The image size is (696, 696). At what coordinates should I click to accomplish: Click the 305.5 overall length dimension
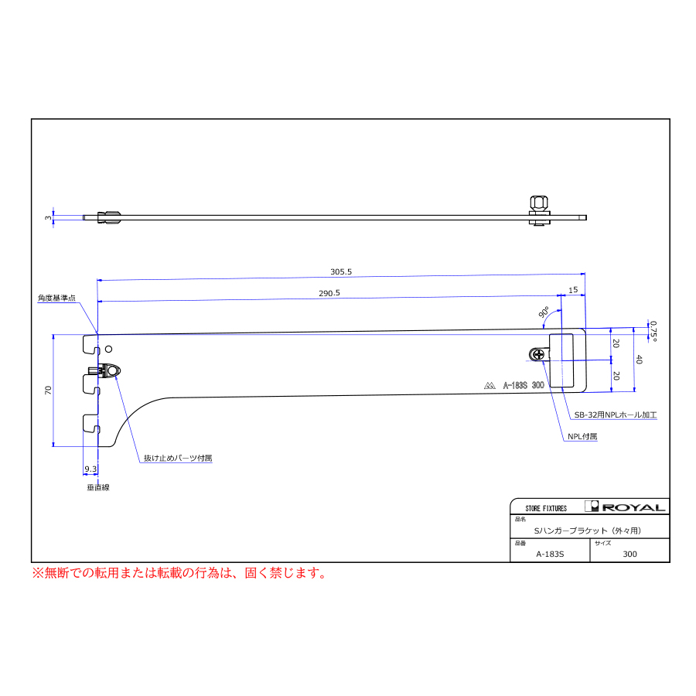[x=341, y=271]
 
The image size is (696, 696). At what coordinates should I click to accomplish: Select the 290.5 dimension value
[x=329, y=293]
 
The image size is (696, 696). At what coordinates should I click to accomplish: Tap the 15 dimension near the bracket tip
[x=573, y=290]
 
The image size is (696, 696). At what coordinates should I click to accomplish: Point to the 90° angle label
[x=544, y=312]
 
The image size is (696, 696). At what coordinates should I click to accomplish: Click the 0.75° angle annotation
[x=653, y=331]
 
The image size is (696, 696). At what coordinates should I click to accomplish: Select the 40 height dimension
[x=640, y=360]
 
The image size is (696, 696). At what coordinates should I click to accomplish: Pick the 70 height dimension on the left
[x=49, y=391]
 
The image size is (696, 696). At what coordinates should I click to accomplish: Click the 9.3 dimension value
[x=90, y=469]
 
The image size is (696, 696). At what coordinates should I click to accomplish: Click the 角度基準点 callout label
[x=56, y=298]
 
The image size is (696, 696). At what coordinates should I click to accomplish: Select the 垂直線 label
[x=98, y=487]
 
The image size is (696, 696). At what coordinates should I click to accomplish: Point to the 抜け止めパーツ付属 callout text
[x=178, y=458]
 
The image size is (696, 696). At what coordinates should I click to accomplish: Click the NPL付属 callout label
[x=582, y=436]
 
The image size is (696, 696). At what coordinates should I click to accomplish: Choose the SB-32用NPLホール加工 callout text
[x=616, y=415]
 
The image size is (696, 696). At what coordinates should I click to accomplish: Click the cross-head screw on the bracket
[x=538, y=354]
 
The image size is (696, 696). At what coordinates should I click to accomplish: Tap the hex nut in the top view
[x=539, y=203]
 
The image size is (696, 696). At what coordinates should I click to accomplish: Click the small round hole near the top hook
[x=108, y=350]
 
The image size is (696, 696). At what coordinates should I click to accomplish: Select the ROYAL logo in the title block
[x=625, y=507]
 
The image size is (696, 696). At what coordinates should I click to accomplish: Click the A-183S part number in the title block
[x=550, y=554]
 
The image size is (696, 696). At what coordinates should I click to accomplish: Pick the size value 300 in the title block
[x=629, y=554]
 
